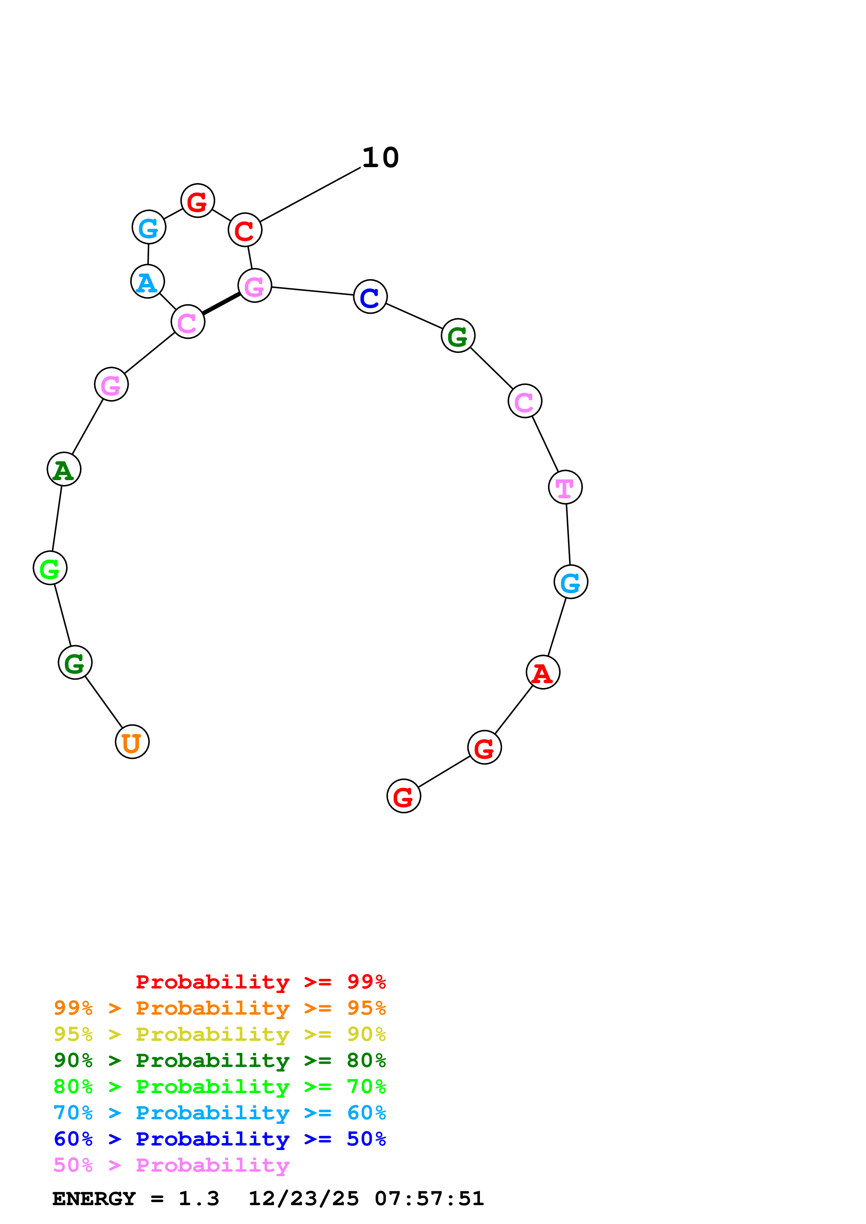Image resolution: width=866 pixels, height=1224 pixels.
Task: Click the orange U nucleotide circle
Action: (132, 741)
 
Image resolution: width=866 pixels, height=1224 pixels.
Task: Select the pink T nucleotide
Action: (565, 487)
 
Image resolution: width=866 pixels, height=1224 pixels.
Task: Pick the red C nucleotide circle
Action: (245, 230)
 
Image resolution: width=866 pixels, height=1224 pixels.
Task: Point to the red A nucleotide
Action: (543, 672)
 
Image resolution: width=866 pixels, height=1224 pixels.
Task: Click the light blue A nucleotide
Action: (147, 282)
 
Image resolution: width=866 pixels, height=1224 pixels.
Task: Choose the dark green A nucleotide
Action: (64, 469)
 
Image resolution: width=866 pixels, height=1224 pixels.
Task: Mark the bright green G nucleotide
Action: (50, 568)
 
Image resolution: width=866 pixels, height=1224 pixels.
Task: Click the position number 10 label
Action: (380, 157)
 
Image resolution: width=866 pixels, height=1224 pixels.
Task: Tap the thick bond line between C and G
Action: (221, 303)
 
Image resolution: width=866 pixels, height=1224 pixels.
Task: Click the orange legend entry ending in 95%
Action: (219, 1008)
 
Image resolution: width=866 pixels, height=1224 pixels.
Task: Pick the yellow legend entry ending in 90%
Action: (219, 1034)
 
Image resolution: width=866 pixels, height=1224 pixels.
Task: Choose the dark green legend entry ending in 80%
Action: (219, 1060)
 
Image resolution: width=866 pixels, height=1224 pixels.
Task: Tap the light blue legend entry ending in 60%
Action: (219, 1113)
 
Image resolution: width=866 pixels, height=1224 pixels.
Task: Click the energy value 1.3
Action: (198, 1199)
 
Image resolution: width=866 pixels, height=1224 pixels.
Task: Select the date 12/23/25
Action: (304, 1199)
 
